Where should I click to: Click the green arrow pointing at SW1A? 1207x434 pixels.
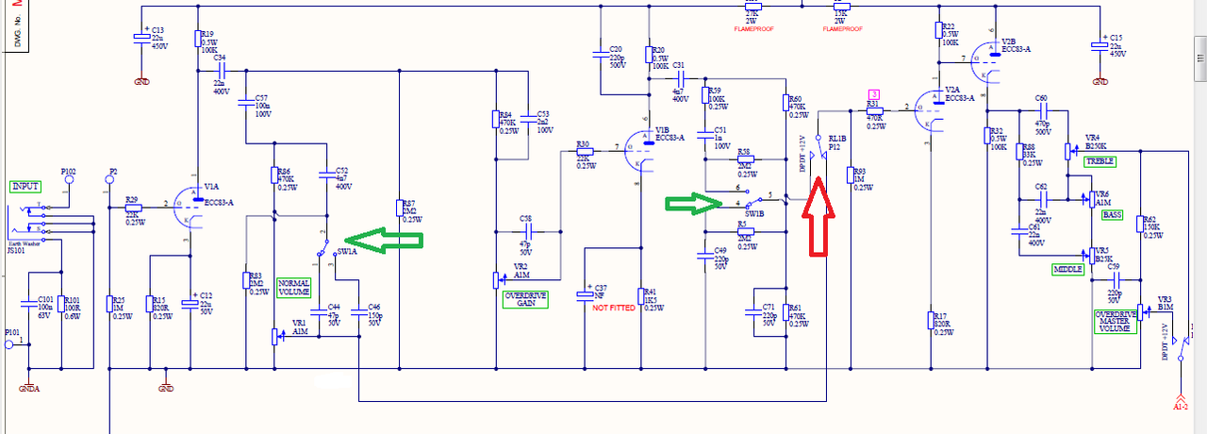(x=381, y=242)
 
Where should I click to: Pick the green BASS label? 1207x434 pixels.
(x=1112, y=215)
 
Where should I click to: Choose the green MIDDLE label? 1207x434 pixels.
(x=1067, y=270)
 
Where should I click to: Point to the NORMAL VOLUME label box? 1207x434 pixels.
(x=294, y=287)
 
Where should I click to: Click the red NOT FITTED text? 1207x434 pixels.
(x=614, y=308)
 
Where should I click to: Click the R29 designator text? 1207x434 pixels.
(x=131, y=199)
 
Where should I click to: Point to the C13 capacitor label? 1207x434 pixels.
(x=157, y=30)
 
